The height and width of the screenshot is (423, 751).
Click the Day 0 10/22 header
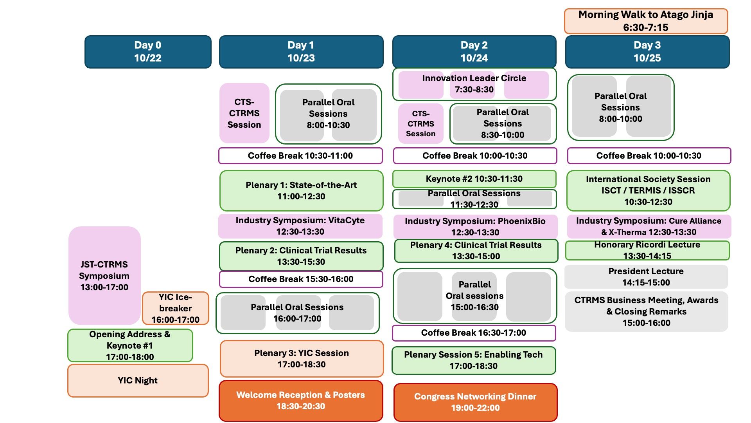(x=148, y=52)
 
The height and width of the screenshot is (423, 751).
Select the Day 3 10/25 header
(x=647, y=52)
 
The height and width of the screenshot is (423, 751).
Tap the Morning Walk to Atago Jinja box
(x=646, y=21)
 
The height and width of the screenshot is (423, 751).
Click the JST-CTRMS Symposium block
(x=104, y=275)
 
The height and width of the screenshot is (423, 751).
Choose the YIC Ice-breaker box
(x=175, y=308)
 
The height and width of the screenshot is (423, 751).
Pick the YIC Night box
(x=138, y=380)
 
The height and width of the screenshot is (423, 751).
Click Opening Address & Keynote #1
(x=130, y=345)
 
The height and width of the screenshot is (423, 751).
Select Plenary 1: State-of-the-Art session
(x=301, y=191)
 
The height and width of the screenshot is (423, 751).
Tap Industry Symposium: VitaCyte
(x=300, y=226)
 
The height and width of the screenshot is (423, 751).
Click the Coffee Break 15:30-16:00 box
(x=300, y=279)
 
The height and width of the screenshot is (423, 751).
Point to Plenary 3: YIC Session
(x=301, y=358)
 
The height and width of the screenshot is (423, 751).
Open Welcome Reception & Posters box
(x=300, y=401)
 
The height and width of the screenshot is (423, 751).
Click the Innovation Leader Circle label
(x=474, y=83)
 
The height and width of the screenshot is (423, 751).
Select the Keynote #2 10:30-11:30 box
(x=474, y=179)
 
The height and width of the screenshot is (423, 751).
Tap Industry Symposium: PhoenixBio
(x=475, y=226)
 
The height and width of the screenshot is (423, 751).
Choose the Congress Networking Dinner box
(x=475, y=402)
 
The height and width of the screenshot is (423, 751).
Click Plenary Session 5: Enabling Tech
(x=473, y=360)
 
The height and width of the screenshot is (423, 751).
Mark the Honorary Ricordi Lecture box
(x=647, y=250)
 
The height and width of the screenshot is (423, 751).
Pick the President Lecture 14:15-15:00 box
(x=646, y=277)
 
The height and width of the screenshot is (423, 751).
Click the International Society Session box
(x=648, y=190)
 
